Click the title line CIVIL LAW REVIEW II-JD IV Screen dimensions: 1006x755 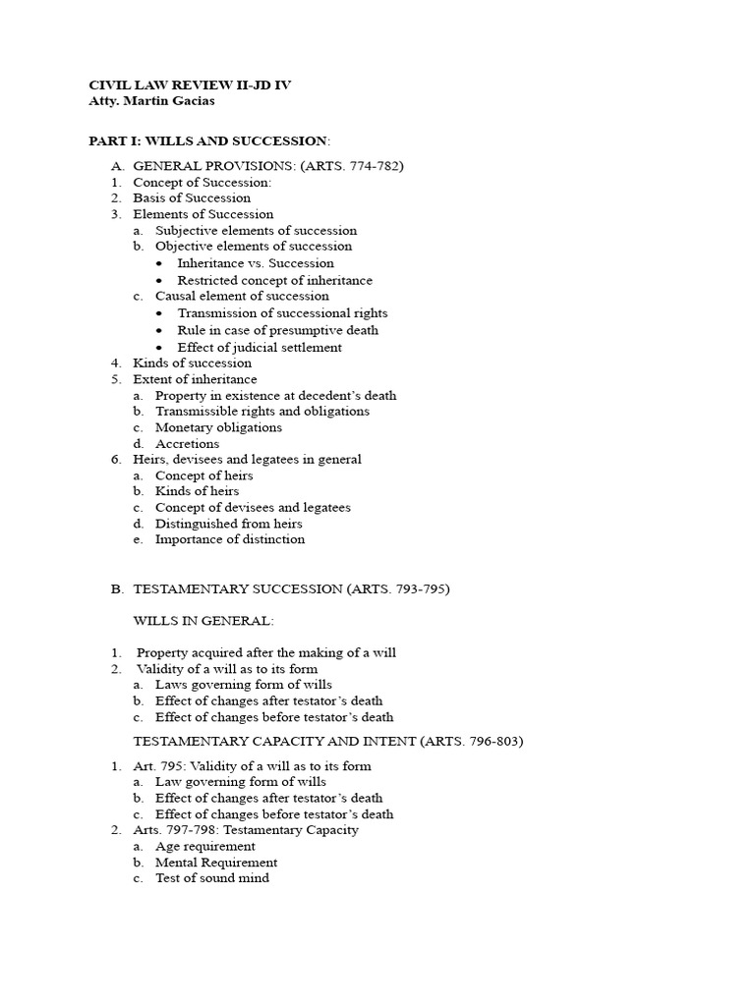190,85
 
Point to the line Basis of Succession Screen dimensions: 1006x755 192,197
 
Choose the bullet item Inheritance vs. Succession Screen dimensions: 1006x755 256,263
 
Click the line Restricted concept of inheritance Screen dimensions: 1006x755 274,280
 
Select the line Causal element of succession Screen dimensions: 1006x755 242,296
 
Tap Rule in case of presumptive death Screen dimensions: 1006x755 277,330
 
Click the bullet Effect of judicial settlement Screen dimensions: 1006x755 260,347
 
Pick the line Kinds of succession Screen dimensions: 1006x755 192,363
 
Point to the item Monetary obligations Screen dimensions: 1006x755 218,427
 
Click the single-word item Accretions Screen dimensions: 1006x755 188,444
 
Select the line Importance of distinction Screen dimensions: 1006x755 230,539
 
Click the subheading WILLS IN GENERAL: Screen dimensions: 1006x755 203,621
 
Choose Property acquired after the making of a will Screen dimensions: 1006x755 266,652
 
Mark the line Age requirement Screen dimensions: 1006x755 205,846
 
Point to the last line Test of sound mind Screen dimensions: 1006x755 212,878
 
